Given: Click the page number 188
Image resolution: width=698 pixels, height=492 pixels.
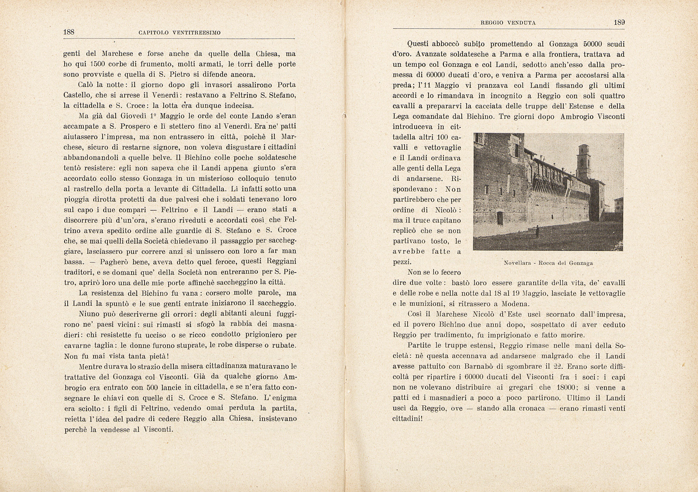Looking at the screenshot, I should tap(69, 32).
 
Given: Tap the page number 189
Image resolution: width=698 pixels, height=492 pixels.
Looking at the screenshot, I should tap(619, 23).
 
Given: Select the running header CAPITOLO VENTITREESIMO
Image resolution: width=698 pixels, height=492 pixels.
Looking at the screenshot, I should tap(179, 33).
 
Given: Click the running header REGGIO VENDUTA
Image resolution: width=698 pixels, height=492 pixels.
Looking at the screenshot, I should tap(508, 23).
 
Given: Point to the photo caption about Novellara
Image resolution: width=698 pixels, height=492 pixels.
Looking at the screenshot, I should tap(548, 263).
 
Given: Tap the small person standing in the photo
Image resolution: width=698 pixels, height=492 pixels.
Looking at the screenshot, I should tap(537, 231).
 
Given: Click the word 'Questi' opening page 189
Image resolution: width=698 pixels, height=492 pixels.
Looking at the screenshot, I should tap(418, 44).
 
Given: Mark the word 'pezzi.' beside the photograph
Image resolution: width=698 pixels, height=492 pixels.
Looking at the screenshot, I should tap(402, 262).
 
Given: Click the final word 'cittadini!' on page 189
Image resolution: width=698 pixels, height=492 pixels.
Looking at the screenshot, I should tap(407, 419).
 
